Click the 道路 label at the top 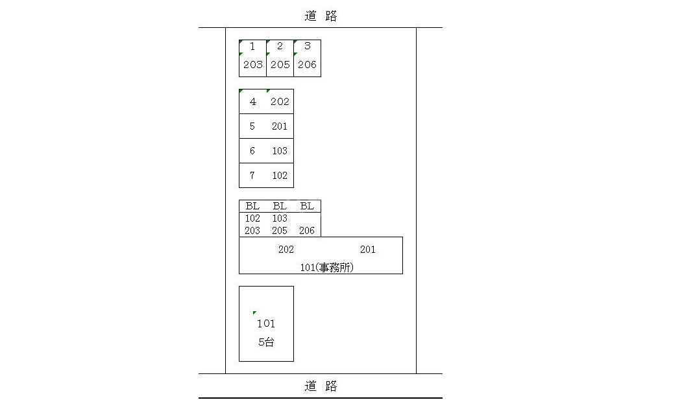click(x=321, y=17)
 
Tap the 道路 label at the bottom click(x=321, y=386)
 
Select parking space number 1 click(x=252, y=47)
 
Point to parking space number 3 click(x=307, y=47)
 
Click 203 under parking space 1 click(x=252, y=65)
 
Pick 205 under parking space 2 click(x=280, y=65)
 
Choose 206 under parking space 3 click(x=307, y=65)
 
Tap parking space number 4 click(x=252, y=102)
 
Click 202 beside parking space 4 click(x=280, y=102)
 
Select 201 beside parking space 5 click(x=280, y=126)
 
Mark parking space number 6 click(x=252, y=151)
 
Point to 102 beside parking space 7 click(x=280, y=176)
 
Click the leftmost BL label click(x=252, y=206)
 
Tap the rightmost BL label click(x=307, y=206)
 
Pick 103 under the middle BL click(x=280, y=218)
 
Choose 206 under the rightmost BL click(x=307, y=231)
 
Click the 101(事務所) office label click(x=328, y=266)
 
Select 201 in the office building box click(x=367, y=250)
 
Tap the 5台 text click(x=266, y=342)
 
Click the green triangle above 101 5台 click(x=254, y=313)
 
